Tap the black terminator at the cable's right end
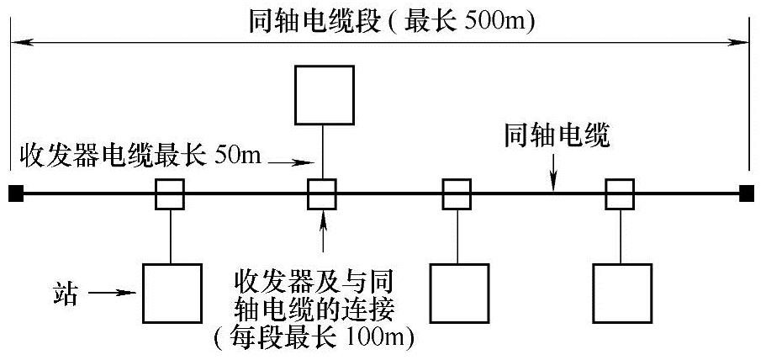point(746,194)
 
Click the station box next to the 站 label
point(172,293)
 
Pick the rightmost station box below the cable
point(621,293)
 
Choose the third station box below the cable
point(459,293)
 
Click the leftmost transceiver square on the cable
point(170,194)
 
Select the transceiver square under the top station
point(322,194)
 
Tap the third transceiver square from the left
point(457,194)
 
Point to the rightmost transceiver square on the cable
point(620,194)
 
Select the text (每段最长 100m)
point(318,339)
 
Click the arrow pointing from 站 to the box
point(111,294)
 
